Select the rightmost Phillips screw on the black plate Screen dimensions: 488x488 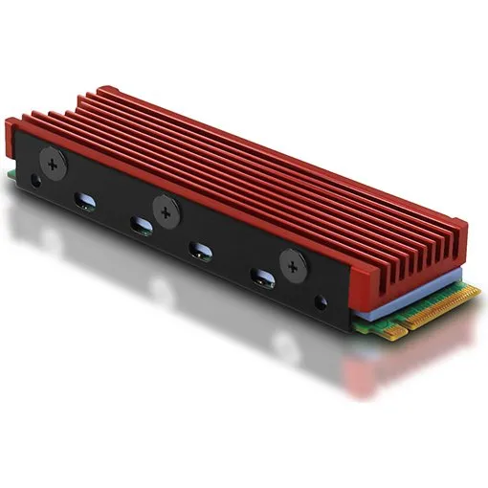290,261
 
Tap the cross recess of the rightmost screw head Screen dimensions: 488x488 290,261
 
